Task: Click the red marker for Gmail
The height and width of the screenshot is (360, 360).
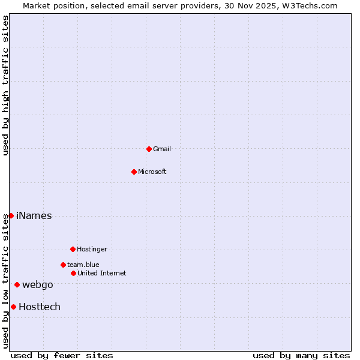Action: click(x=149, y=149)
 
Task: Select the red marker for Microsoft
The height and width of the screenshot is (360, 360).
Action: click(x=134, y=172)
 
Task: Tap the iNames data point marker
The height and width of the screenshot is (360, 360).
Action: click(x=11, y=215)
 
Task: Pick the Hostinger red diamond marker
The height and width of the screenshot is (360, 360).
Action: click(x=73, y=249)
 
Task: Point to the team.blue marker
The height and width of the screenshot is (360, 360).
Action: click(x=63, y=265)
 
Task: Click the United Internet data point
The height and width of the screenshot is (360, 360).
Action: click(x=73, y=273)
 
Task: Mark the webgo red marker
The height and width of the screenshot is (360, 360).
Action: click(x=17, y=284)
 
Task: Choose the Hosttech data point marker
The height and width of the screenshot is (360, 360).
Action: click(x=13, y=307)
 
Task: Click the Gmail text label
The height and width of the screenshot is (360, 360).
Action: click(x=162, y=149)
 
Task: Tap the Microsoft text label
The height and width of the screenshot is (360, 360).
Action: click(x=152, y=172)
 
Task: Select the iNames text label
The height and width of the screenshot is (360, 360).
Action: click(x=34, y=216)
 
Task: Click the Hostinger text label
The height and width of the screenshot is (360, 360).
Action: click(x=92, y=249)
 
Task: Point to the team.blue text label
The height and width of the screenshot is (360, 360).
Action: click(x=83, y=265)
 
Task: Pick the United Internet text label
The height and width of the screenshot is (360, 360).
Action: click(x=101, y=273)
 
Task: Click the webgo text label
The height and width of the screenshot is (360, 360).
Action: click(x=37, y=285)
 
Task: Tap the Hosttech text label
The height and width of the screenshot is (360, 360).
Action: click(x=39, y=307)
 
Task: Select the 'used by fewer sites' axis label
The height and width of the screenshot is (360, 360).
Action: click(x=62, y=355)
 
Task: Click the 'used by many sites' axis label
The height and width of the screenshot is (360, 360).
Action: click(x=301, y=355)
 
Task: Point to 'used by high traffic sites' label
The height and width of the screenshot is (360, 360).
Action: click(x=5, y=85)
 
